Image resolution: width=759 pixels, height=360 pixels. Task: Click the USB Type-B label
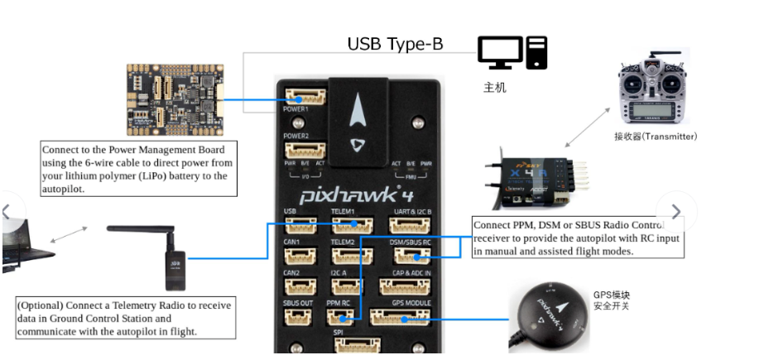click(395, 44)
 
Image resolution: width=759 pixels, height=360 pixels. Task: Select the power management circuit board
click(173, 99)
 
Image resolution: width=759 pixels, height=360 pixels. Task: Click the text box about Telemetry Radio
click(125, 318)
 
